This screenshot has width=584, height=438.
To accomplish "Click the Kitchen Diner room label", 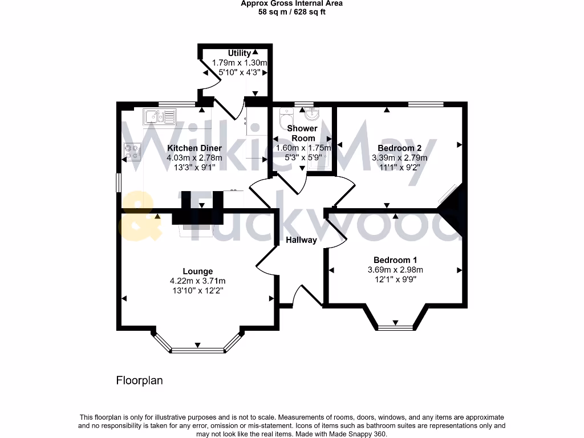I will click(x=194, y=148).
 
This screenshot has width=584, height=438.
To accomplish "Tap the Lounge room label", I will click(x=198, y=271).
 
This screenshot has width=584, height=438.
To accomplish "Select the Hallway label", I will click(x=301, y=240).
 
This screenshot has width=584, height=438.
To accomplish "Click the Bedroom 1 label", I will click(x=395, y=259).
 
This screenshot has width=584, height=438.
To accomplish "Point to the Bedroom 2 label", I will click(x=400, y=148).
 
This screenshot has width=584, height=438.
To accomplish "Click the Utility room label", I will click(x=240, y=53).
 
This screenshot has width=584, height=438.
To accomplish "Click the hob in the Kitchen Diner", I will click(x=132, y=150).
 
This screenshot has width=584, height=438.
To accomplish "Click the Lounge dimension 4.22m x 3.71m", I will click(x=198, y=281).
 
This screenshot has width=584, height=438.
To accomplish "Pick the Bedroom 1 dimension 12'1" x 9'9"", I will click(x=395, y=279).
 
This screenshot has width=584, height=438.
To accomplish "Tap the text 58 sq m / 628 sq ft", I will click(x=291, y=11).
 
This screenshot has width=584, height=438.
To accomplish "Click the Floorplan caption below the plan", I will click(x=140, y=380).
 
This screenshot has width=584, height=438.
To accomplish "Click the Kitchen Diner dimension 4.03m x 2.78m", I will click(x=194, y=158).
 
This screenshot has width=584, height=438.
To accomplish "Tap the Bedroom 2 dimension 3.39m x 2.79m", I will click(x=400, y=158).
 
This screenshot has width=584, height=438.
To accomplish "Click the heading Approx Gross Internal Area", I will click(x=291, y=3).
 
